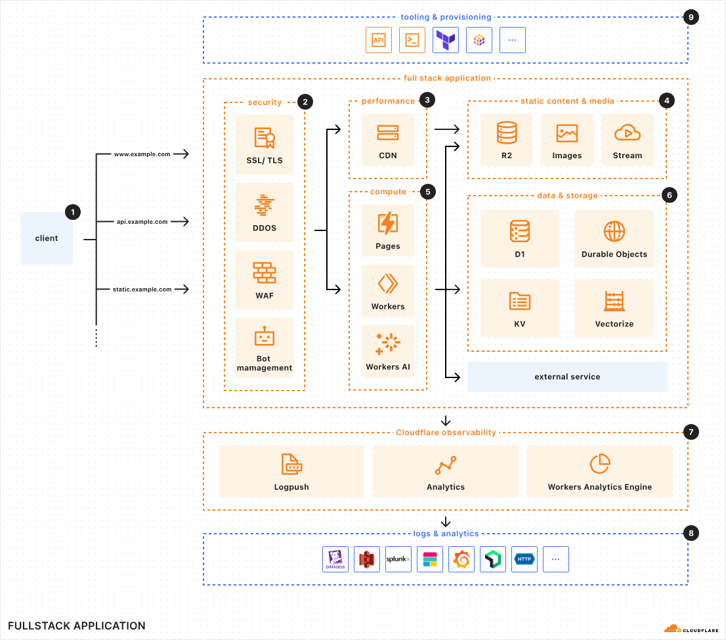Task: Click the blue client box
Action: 47,238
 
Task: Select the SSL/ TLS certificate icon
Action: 264,139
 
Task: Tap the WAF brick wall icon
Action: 264,272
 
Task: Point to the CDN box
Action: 388,140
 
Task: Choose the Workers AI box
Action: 388,351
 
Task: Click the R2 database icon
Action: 507,133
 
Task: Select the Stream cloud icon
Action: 627,133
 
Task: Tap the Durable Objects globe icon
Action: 614,231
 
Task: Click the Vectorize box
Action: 614,307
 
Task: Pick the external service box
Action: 567,377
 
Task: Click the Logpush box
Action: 291,471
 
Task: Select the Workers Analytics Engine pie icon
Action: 600,464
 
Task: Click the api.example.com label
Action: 142,222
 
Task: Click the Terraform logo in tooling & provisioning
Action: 446,40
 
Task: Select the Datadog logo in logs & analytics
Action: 335,559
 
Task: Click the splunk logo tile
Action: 398,559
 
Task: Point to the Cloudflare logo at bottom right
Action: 691,628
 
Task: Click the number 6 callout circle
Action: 668,195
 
